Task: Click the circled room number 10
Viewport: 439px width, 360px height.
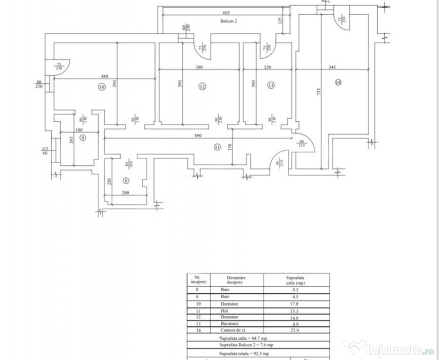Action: tap(101, 87)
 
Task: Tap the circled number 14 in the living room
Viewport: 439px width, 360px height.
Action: tap(339, 82)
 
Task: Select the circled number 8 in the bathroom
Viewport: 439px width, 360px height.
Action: tap(126, 180)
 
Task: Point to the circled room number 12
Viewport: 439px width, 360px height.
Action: tap(202, 86)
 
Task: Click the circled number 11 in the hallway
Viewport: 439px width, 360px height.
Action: tap(217, 147)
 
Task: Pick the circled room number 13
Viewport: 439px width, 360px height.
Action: tap(271, 85)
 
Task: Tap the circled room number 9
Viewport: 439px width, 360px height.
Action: tap(83, 138)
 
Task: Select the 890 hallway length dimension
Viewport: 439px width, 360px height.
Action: tap(198, 135)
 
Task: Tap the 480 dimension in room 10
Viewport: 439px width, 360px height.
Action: tap(104, 76)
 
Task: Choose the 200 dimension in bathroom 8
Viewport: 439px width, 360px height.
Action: tap(125, 193)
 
